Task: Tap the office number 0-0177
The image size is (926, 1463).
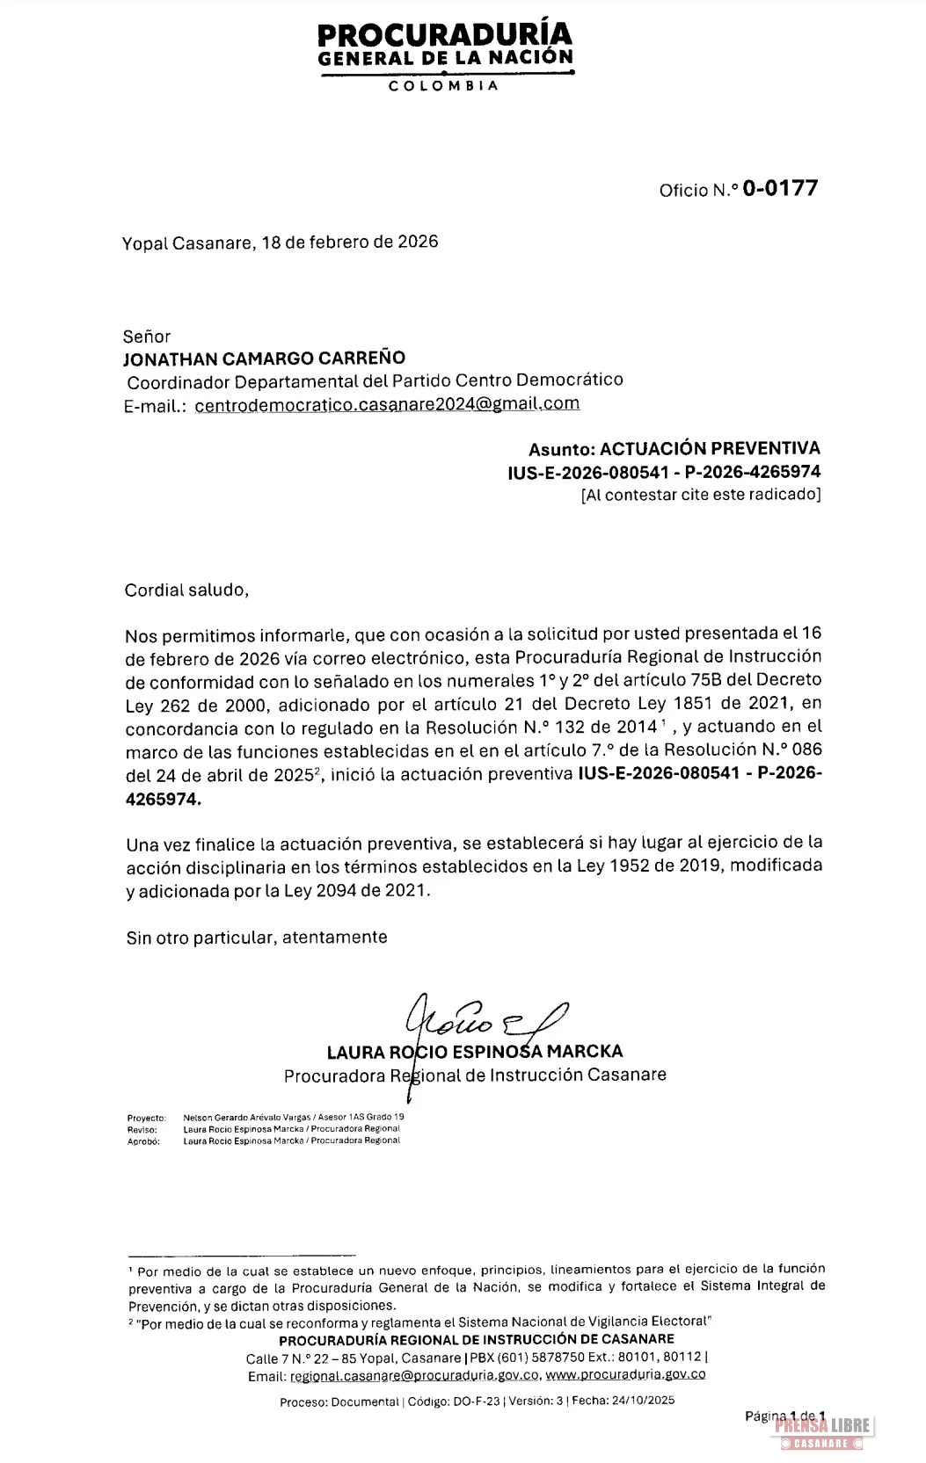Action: [780, 188]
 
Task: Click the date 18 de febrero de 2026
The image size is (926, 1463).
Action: [349, 242]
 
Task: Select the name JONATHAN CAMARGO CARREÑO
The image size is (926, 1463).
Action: [264, 359]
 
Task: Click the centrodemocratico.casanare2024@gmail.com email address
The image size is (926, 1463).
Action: [387, 404]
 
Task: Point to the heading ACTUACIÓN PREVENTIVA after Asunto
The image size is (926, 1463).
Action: [710, 448]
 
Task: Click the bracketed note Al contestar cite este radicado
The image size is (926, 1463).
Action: [701, 495]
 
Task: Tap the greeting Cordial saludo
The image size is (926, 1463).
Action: [186, 590]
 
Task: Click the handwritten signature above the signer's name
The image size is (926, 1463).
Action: [484, 1019]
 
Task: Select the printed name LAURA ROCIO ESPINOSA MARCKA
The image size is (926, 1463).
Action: [475, 1052]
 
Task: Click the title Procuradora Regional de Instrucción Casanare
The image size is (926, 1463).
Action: [475, 1075]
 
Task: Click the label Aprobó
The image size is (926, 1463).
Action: [143, 1141]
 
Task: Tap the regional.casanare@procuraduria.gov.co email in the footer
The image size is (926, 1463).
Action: [414, 1376]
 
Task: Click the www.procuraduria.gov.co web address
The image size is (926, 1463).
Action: [625, 1375]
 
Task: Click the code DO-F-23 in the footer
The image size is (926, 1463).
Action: [477, 1401]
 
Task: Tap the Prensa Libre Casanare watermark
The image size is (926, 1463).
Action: [822, 1432]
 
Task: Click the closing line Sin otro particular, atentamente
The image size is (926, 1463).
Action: [256, 938]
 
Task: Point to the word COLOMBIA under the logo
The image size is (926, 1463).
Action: [444, 86]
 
